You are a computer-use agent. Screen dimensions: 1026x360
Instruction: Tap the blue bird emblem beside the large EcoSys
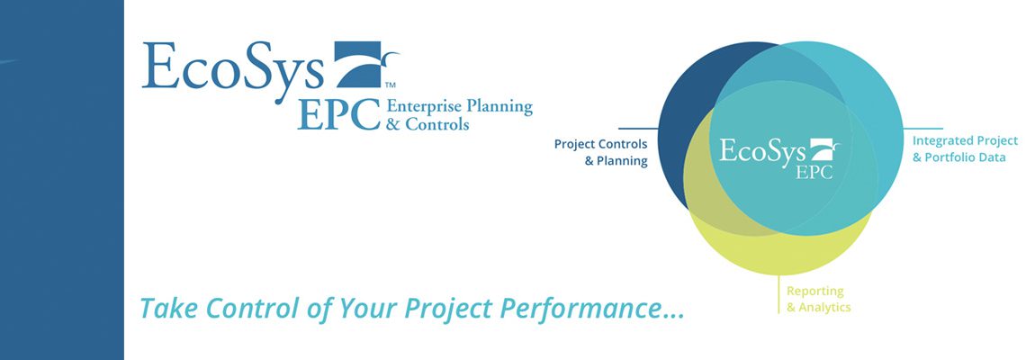366,64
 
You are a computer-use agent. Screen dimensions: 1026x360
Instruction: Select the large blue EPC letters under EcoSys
338,114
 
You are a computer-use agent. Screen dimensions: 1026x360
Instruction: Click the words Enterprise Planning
459,107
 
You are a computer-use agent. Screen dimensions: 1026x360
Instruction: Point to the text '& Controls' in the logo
427,123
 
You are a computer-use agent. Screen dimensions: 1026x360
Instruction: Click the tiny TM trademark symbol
391,85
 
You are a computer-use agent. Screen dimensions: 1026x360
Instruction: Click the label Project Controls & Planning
600,152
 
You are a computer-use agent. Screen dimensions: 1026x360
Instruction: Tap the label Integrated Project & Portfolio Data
965,149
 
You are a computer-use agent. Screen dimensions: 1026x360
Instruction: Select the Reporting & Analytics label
819,299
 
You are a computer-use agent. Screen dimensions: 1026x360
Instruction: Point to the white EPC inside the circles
814,172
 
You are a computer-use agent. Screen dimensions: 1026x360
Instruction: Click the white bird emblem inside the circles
824,150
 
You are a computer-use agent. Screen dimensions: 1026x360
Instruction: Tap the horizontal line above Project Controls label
639,129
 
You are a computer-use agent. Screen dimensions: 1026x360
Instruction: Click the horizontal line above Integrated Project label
922,129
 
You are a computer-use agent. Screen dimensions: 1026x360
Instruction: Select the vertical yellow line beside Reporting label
778,294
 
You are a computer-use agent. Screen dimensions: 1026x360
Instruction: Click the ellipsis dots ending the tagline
672,317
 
